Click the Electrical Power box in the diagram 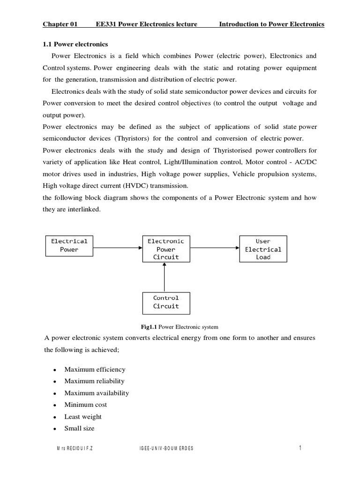(69, 246)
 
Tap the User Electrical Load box (263, 249)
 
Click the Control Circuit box (166, 302)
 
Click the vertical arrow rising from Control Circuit (165, 277)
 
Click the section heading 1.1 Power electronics (75, 45)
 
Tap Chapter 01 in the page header (60, 24)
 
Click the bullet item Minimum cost (86, 405)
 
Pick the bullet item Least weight (83, 417)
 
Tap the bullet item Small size (79, 428)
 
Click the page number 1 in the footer (300, 449)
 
